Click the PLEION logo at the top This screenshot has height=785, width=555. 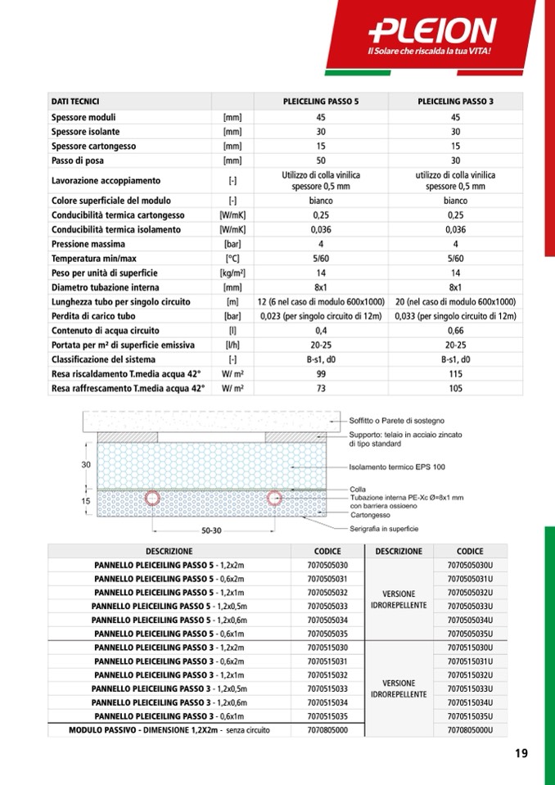point(433,31)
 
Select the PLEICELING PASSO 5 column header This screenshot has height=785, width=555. point(321,102)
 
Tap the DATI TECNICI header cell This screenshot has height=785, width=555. point(75,102)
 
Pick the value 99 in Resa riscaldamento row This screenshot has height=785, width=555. point(321,374)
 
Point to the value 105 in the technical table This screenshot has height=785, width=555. point(455,389)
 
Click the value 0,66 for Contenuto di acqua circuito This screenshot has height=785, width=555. point(455,331)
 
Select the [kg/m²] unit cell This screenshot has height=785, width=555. point(233,273)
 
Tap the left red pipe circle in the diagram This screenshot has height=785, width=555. point(151,498)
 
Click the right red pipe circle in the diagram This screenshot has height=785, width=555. point(273,498)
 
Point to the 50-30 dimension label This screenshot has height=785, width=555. point(211,530)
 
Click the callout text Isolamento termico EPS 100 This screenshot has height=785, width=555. point(397,467)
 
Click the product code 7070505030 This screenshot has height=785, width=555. point(327,566)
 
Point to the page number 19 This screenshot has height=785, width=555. point(521,754)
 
